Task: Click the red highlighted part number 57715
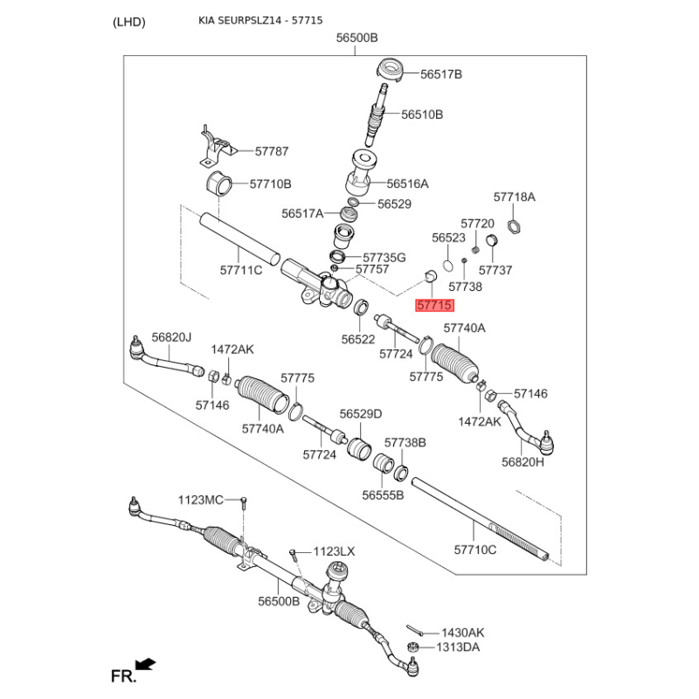pos(434,306)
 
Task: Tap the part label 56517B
pos(440,75)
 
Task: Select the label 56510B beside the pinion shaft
pos(422,114)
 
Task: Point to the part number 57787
pos(272,151)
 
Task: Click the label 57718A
pos(514,197)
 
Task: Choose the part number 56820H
pos(523,462)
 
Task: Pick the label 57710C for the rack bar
pos(475,550)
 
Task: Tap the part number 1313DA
pos(460,647)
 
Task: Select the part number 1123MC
pos(201,500)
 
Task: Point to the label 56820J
pos(171,337)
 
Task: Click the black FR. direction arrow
pos(146,665)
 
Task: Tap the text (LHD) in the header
pos(129,22)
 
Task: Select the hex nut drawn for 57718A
pos(515,229)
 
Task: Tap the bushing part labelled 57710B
pos(218,185)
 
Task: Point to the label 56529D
pos(361,414)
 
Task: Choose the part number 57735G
pos(384,258)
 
